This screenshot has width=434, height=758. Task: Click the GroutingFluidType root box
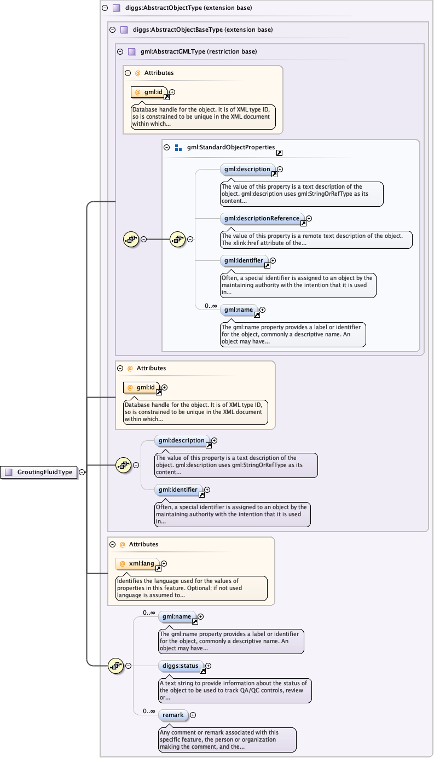(39, 472)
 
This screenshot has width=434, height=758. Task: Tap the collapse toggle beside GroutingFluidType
(82, 472)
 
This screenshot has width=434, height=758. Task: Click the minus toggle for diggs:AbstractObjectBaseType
(112, 30)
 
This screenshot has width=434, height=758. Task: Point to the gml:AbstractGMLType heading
(199, 52)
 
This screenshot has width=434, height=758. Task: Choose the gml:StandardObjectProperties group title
(230, 148)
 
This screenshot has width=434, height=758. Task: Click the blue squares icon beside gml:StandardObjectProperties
(178, 148)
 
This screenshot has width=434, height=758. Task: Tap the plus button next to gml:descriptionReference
(309, 218)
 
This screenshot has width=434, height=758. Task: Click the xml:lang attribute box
(137, 563)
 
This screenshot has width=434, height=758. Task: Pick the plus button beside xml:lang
(164, 563)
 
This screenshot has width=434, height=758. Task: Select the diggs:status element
(181, 666)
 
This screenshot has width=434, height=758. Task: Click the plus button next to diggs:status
(208, 666)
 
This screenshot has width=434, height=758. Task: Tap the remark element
(173, 715)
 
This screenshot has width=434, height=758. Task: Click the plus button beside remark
(193, 715)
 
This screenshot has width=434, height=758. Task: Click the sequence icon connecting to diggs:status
(116, 666)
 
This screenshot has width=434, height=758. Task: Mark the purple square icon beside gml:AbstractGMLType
(131, 52)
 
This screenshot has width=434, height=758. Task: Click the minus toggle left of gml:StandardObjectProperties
(167, 148)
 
